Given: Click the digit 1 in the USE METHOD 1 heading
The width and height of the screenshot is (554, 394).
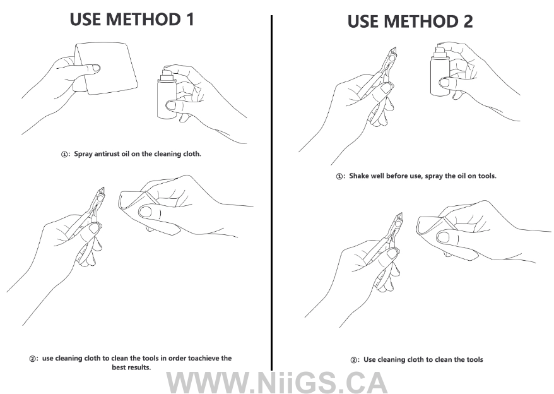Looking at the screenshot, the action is coord(191,19).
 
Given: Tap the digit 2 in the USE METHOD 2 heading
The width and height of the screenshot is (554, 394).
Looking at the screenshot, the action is coord(468,21).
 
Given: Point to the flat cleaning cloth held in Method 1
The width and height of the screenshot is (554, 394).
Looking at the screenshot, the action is coord(106,69).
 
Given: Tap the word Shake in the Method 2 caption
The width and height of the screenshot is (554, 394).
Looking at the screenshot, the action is coord(358,176).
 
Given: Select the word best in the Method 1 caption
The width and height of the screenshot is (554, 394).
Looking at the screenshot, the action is coord(119,367).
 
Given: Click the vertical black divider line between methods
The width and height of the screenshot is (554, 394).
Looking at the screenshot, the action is coord(271,193).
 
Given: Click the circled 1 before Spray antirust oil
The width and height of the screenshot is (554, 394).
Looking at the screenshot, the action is coord(64,155).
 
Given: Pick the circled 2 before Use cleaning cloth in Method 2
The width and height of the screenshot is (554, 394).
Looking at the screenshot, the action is coord(354,360).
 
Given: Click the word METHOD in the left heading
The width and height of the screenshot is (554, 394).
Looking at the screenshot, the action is coord(143,19).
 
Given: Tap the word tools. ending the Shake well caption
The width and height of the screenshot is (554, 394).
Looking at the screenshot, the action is coord(487,176).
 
